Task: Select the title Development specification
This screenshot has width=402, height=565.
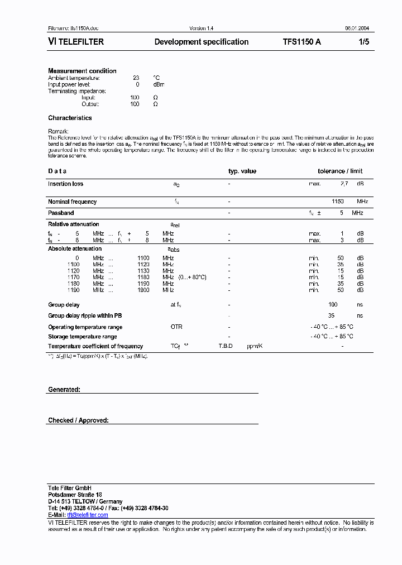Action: pyautogui.click(x=201, y=42)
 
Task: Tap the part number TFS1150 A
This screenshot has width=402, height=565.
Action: pyautogui.click(x=301, y=42)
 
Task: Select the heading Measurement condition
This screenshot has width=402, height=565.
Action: pyautogui.click(x=82, y=71)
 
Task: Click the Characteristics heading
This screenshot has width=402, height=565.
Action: pyautogui.click(x=70, y=118)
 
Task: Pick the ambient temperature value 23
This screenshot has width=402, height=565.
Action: pyautogui.click(x=136, y=78)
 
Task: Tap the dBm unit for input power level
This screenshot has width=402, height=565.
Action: pyautogui.click(x=159, y=84)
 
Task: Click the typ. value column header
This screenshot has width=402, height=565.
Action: pyautogui.click(x=242, y=171)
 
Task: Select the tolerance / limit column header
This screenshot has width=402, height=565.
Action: pyautogui.click(x=340, y=171)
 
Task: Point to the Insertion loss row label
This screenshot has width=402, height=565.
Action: pyautogui.click(x=65, y=184)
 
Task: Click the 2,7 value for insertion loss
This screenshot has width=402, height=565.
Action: pyautogui.click(x=344, y=184)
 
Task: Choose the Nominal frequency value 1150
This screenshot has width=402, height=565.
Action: pyautogui.click(x=338, y=202)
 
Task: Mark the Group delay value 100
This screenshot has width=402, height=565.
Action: pyautogui.click(x=333, y=305)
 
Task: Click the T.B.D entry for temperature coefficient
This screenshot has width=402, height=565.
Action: pyautogui.click(x=226, y=346)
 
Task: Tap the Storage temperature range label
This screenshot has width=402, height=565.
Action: pyautogui.click(x=83, y=337)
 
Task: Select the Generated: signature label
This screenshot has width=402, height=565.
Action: pyautogui.click(x=64, y=389)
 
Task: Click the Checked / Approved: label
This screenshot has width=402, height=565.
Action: pyautogui.click(x=78, y=420)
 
